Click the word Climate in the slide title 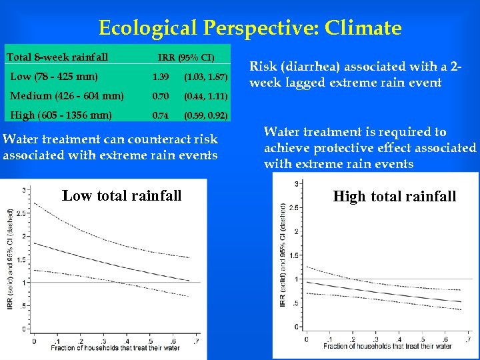[x=362, y=28]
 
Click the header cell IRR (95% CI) [x=186, y=57]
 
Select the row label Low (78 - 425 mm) [x=54, y=76]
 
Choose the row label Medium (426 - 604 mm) [x=67, y=96]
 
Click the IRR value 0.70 [x=160, y=97]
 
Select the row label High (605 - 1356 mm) [x=61, y=115]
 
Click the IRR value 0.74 [x=160, y=116]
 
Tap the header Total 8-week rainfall [x=57, y=57]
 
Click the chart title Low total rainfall [x=121, y=195]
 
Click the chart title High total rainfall [x=395, y=196]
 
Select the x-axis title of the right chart [x=387, y=346]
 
